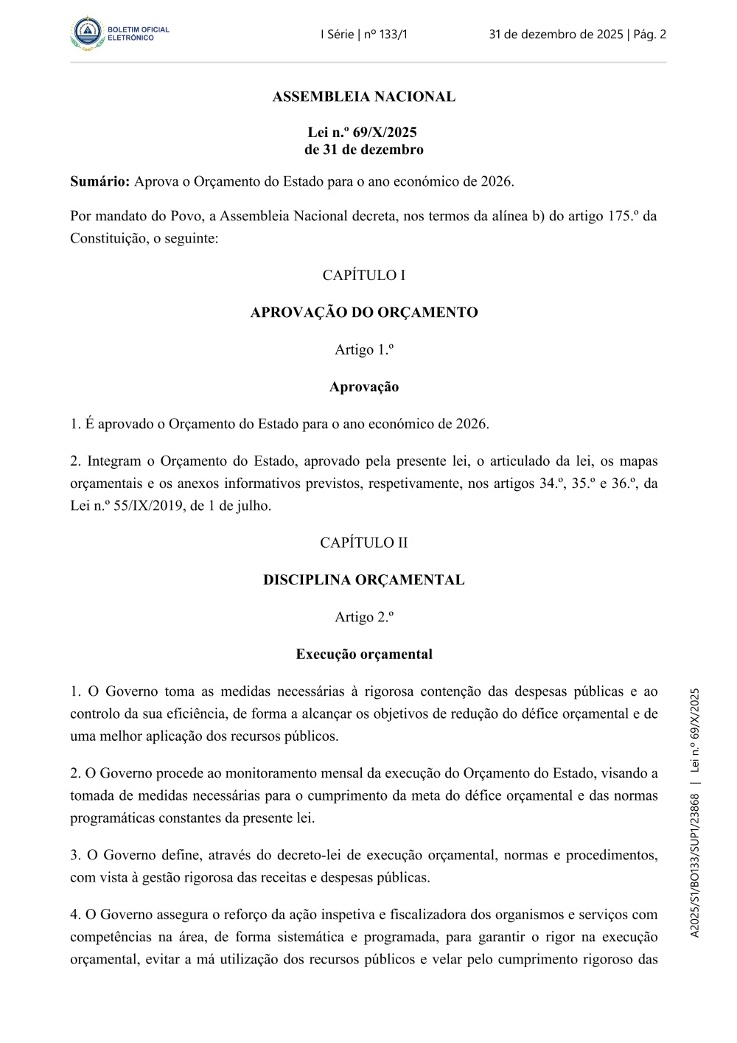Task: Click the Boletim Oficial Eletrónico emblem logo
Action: (88, 33)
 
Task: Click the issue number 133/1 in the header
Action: (393, 34)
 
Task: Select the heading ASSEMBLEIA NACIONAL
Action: (364, 97)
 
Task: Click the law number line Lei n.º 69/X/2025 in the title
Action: (363, 133)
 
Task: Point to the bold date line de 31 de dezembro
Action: (364, 150)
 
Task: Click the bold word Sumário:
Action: (100, 181)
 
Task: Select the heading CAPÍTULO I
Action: (364, 275)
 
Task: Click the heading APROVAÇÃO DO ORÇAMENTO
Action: (364, 313)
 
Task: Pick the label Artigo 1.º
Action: (364, 349)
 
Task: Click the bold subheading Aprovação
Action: (364, 387)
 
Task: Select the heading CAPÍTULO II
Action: (364, 543)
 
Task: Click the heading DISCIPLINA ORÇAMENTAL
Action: (364, 580)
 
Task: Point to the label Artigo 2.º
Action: (364, 617)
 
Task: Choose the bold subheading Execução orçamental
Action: (364, 655)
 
